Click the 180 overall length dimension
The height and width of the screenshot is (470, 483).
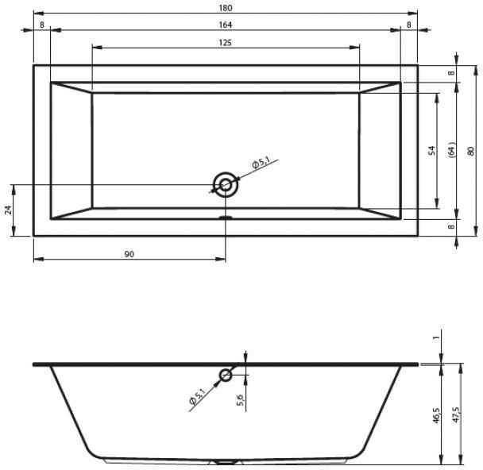[226, 8]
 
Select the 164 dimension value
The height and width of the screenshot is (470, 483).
[226, 25]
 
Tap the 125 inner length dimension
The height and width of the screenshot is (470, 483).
[225, 43]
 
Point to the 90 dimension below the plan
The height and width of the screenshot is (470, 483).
[129, 254]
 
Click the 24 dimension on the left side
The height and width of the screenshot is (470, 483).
[8, 210]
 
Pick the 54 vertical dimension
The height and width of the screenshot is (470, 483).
[432, 150]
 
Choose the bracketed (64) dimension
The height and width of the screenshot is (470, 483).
[452, 150]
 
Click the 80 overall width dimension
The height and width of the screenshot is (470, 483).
[470, 151]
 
